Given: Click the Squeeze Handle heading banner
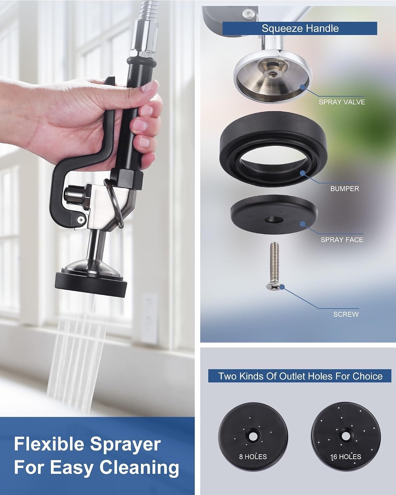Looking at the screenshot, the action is point(300,28).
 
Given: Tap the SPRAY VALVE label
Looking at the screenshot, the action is point(342,102).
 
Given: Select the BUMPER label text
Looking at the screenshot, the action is point(345,189).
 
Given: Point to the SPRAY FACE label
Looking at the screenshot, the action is point(342,240).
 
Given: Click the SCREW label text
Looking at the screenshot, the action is point(346,314).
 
